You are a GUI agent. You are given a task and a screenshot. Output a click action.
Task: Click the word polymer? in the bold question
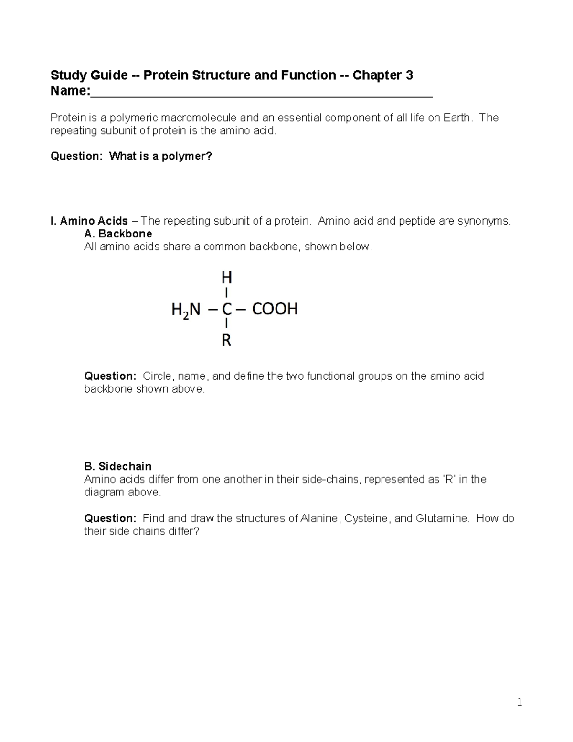coord(188,156)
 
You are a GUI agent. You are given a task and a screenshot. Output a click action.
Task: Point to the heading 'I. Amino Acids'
coord(89,221)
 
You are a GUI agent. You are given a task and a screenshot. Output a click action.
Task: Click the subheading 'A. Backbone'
coord(118,234)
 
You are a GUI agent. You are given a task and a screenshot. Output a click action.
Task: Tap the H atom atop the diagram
coord(226,278)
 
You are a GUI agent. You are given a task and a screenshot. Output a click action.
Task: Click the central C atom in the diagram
coord(226,310)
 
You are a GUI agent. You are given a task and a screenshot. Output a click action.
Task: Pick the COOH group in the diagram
coord(275,309)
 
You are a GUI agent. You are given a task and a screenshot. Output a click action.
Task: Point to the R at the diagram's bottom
coord(226,341)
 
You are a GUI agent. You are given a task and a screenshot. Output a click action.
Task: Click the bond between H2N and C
coord(211,310)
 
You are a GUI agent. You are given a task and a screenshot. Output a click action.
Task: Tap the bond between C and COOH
coord(241,310)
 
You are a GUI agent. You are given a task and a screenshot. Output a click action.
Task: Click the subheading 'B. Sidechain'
coord(118,466)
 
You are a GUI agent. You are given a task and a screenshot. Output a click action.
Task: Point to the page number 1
coord(520,702)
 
